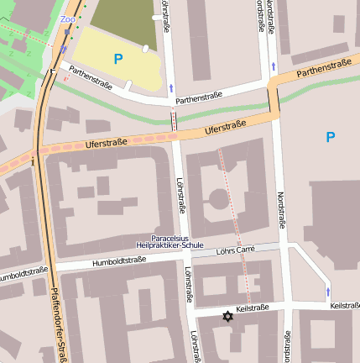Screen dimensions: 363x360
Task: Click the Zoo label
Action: coord(68,18)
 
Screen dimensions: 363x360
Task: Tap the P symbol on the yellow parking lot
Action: coord(118,59)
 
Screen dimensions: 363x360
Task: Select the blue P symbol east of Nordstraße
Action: coord(330,137)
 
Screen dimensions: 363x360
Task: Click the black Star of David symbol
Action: coord(227,317)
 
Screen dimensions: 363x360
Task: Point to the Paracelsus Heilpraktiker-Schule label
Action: coord(177,241)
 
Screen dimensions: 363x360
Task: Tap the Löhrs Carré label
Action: coord(235,250)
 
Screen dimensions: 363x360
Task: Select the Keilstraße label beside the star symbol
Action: coord(253,308)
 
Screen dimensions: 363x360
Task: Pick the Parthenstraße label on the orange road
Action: coord(323,67)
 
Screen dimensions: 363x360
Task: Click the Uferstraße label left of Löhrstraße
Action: coord(106,143)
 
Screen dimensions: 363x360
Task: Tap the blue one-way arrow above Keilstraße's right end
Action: coord(328,291)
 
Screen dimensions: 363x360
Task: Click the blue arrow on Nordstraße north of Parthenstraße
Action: coord(274,66)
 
